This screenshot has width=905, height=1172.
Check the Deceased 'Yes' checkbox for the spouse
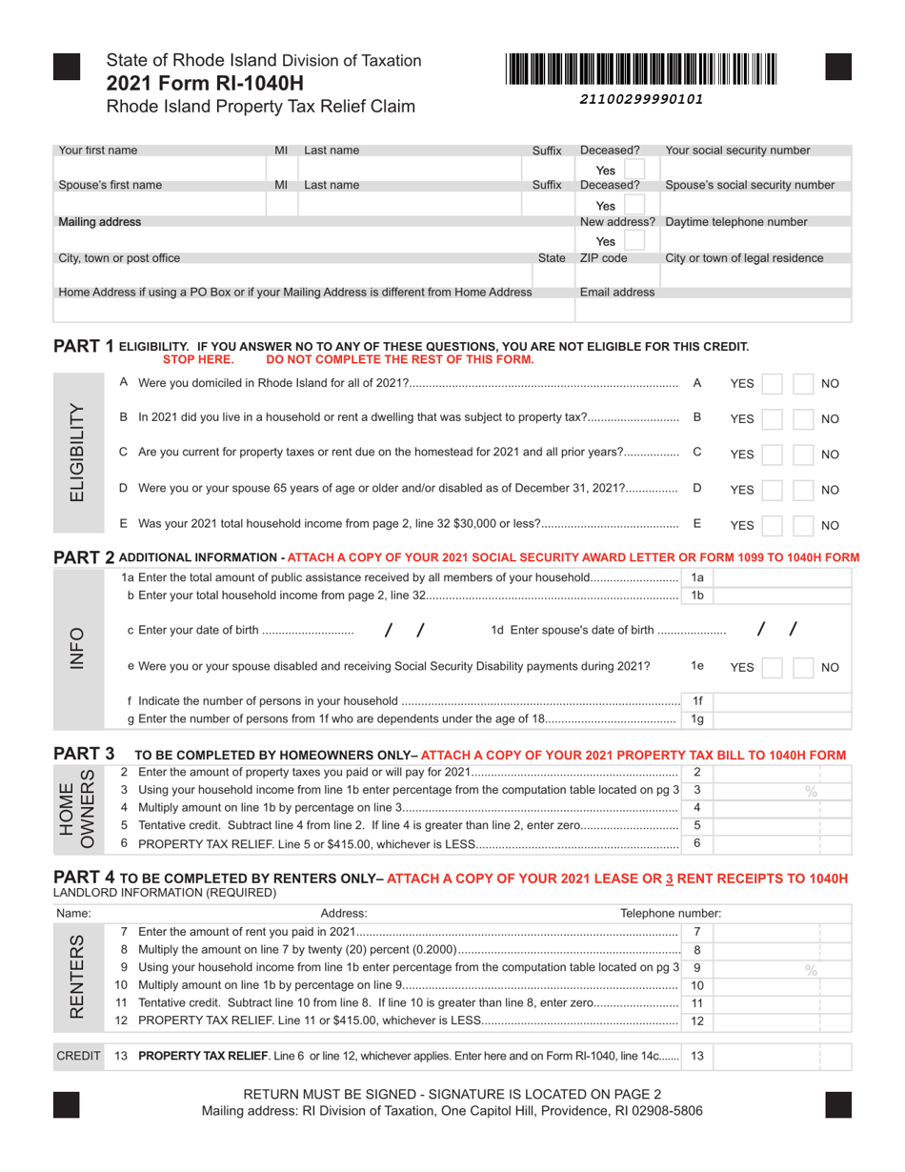tap(635, 205)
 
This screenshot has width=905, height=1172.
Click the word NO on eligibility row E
tap(830, 525)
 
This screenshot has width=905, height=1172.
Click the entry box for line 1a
tap(781, 577)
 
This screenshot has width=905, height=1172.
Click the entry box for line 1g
tap(781, 719)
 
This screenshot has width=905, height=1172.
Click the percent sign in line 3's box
tap(812, 791)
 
